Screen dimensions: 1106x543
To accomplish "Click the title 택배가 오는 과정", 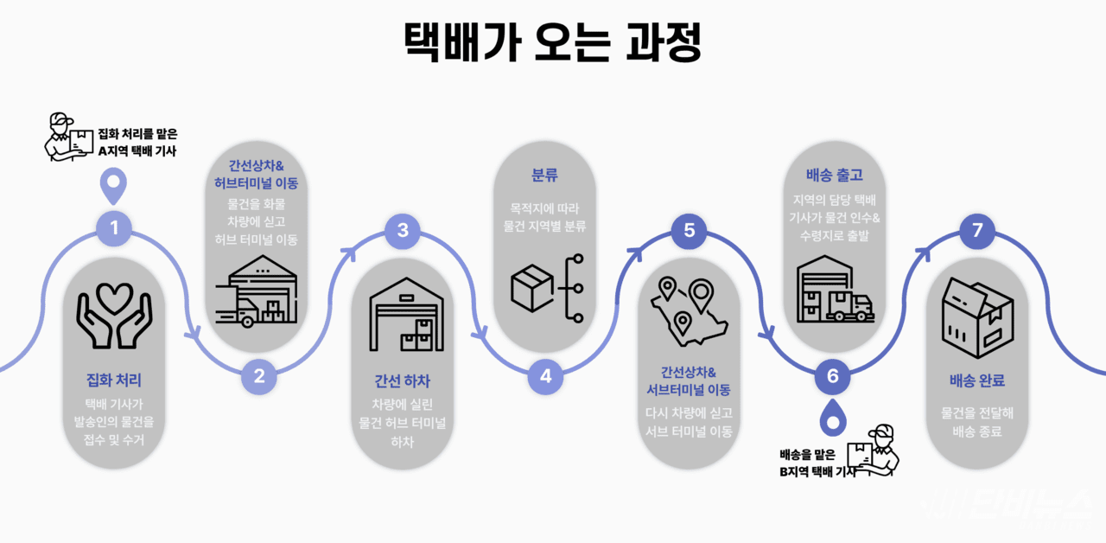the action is click(552, 42).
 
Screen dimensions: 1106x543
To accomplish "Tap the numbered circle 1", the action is click(114, 228).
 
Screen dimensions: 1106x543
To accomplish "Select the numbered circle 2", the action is click(259, 376).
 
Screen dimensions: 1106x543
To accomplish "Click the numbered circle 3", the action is click(403, 230).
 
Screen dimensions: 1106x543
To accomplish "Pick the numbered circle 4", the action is click(545, 376).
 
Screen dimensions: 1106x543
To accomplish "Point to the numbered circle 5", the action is click(690, 230).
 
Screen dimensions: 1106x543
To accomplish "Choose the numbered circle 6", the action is click(833, 376).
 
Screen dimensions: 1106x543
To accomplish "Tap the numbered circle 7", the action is click(977, 230).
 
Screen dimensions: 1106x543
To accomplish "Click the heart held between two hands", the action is click(115, 298).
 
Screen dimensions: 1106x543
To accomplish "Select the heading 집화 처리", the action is click(114, 380).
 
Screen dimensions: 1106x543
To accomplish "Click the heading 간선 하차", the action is click(403, 381).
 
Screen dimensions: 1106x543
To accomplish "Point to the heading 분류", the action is click(544, 175).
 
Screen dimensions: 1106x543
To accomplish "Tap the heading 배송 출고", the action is click(835, 175).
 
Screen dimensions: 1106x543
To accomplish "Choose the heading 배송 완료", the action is click(977, 380).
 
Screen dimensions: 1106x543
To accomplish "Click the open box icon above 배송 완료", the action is click(977, 317).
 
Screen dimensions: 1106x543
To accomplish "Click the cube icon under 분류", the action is click(531, 288).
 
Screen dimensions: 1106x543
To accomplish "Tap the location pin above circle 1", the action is click(113, 186).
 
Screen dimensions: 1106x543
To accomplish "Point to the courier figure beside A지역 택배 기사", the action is click(68, 137).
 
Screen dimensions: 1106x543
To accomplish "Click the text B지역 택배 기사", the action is click(818, 472).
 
